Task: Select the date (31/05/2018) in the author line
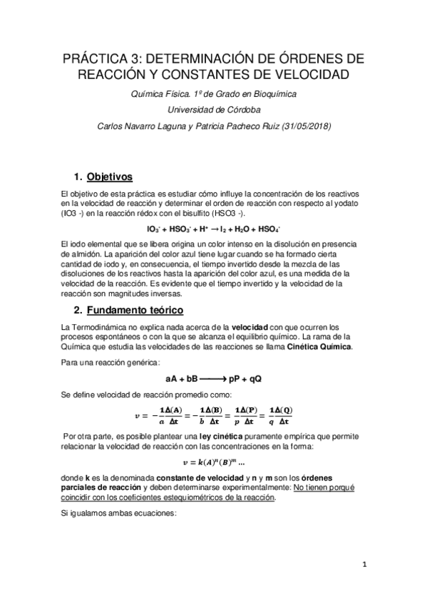point(314,127)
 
